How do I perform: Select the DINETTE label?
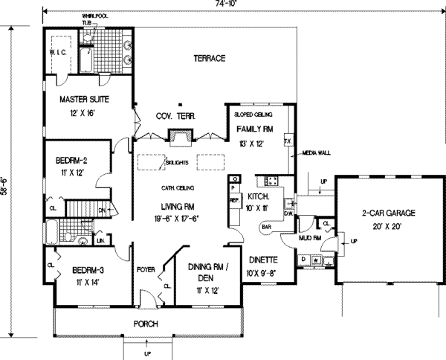260,260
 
